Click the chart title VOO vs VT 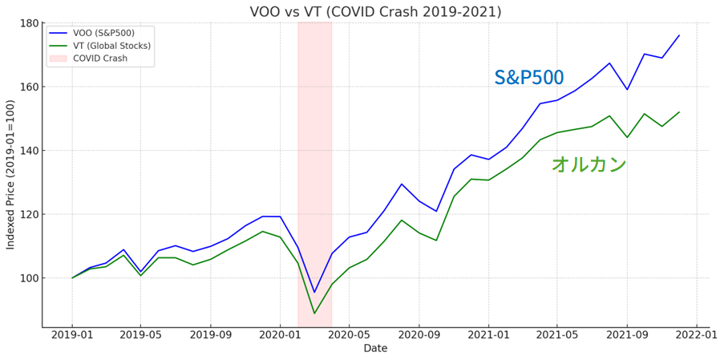(x=375, y=12)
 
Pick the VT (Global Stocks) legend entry (x=111, y=46)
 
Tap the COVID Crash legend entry (x=99, y=58)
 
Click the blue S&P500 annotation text (x=528, y=78)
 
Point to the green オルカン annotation (x=589, y=164)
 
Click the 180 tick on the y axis (x=29, y=23)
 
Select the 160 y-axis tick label (x=29, y=87)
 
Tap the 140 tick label (x=29, y=151)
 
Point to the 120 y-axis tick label (x=29, y=215)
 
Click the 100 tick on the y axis (x=29, y=278)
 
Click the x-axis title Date (x=375, y=349)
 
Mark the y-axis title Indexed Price (x=10, y=175)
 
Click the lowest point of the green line (x=314, y=313)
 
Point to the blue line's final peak (x=678, y=35)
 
